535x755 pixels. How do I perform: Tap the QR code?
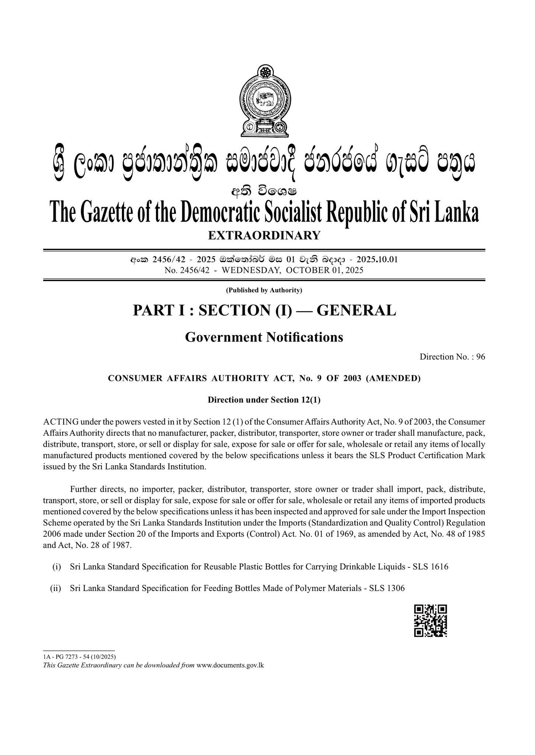(430, 620)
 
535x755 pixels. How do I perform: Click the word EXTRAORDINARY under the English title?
(264, 235)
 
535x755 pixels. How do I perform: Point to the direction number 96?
(480, 356)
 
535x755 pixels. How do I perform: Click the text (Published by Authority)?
(264, 290)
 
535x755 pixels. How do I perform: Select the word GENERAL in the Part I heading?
(356, 310)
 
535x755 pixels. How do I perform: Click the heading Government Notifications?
(264, 337)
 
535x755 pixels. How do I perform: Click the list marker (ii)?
(56, 588)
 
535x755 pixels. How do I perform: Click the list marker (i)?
(56, 567)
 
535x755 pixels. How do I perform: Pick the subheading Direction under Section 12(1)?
(264, 400)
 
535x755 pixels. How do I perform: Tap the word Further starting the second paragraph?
(83, 490)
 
